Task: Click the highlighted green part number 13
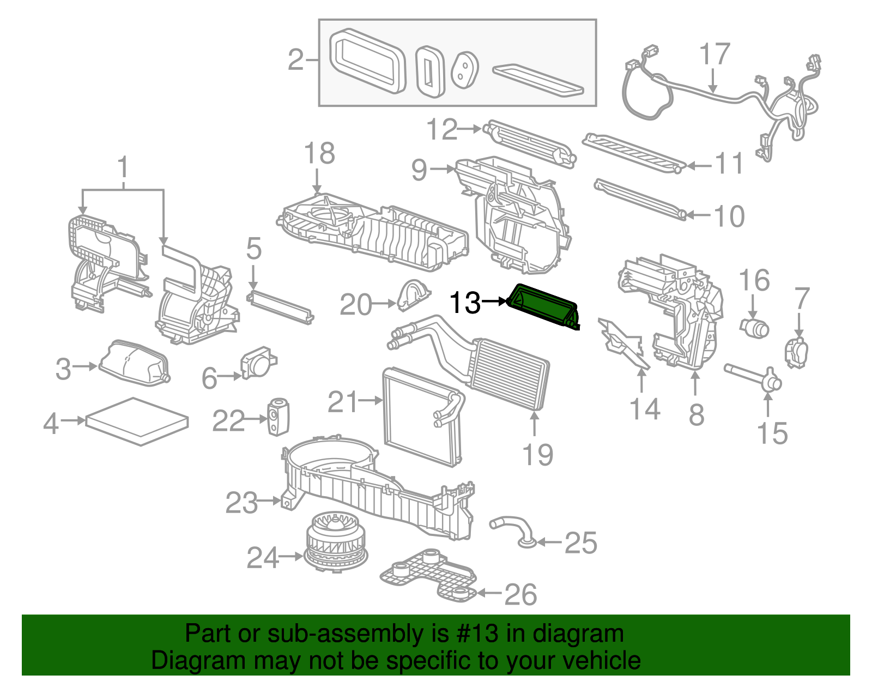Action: point(542,307)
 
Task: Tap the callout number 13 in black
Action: point(465,303)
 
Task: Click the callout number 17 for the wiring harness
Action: point(714,54)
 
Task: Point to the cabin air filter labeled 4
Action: point(137,421)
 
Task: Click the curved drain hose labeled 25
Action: point(515,529)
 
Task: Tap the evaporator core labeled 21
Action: point(420,417)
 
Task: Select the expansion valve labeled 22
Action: point(278,417)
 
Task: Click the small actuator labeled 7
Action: point(796,352)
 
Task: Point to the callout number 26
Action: point(520,594)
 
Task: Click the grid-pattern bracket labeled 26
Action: point(428,575)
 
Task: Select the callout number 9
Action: point(419,170)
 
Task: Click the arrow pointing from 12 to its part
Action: point(469,129)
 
